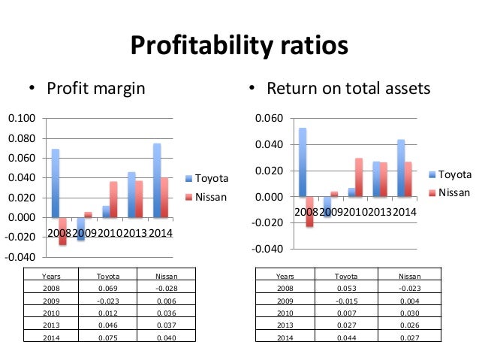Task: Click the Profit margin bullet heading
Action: point(95,89)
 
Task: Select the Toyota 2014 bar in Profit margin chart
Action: point(156,180)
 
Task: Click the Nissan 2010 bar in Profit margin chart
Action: point(113,199)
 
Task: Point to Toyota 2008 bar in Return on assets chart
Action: point(303,162)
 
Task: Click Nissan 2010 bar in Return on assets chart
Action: point(358,177)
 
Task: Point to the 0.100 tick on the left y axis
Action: point(22,119)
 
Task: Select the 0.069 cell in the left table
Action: point(109,288)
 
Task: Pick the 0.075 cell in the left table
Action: point(109,338)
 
